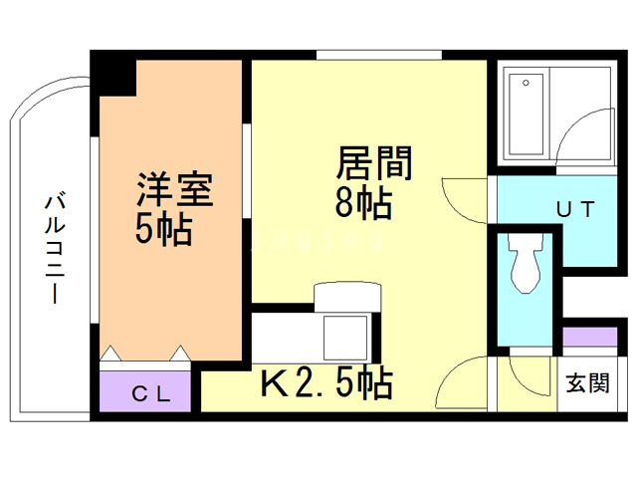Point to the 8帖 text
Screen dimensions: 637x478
point(362,203)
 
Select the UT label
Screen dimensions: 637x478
point(575,210)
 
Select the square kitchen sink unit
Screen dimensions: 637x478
point(346,336)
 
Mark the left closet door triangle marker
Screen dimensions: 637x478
point(110,353)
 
